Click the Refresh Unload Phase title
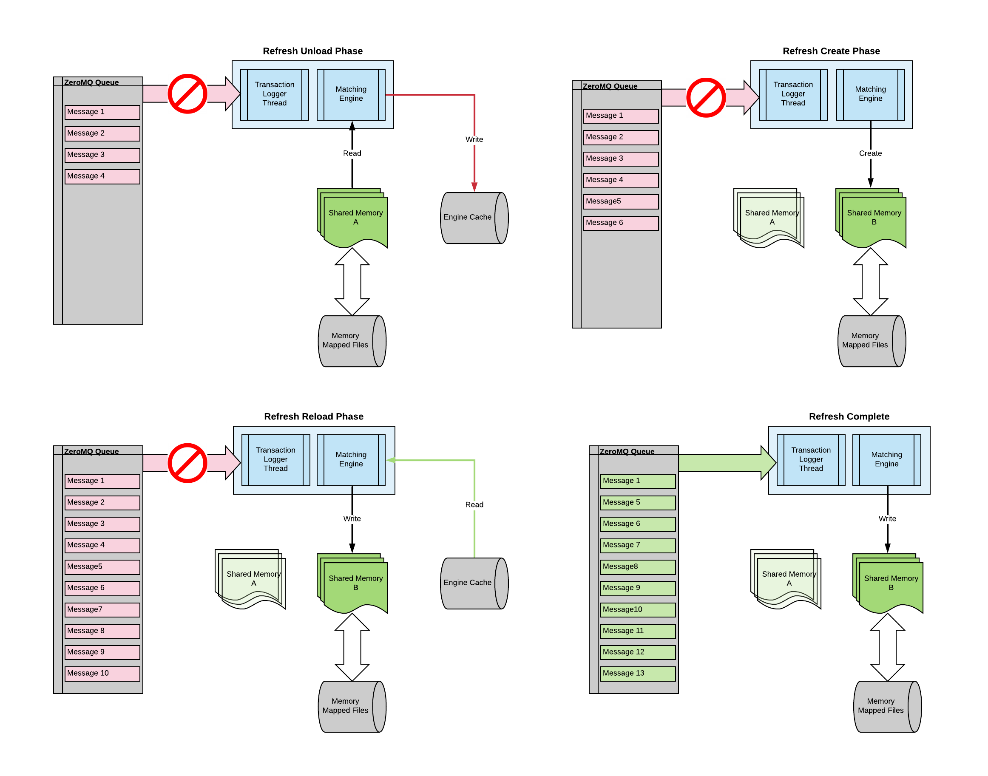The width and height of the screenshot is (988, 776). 312,51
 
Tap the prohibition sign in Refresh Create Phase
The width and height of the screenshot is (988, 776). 706,98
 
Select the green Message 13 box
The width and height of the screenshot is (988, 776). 637,673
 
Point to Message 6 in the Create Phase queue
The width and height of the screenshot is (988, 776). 620,223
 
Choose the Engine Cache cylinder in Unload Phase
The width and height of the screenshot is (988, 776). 474,218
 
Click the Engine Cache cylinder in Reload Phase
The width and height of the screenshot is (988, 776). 474,583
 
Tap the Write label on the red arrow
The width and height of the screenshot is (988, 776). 474,139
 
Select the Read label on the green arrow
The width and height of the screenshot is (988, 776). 474,504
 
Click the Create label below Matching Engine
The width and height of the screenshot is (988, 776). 870,153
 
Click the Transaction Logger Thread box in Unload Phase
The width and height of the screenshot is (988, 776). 275,94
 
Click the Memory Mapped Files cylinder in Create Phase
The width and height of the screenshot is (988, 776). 871,341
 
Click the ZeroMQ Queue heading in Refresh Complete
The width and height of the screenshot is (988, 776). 627,451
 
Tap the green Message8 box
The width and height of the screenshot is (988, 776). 637,566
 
